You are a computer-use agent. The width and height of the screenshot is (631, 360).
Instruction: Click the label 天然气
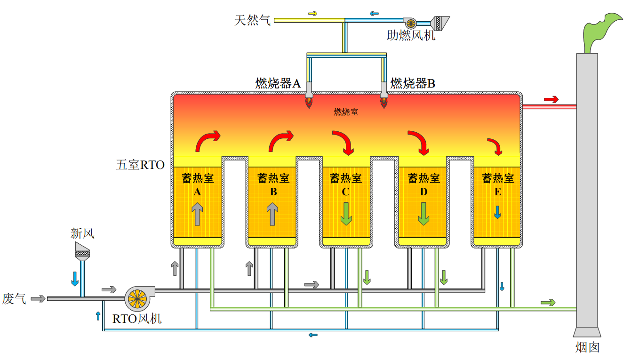pos(252,20)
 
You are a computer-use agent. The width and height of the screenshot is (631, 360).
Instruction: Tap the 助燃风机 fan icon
pos(410,23)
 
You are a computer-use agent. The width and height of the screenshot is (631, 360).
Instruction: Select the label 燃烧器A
pos(278,83)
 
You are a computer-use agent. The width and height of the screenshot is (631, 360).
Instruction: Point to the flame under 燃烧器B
pos(383,103)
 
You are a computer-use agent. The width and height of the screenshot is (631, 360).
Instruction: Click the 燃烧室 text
pos(346,112)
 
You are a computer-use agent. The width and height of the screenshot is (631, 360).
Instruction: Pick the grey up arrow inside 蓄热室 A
pos(197,214)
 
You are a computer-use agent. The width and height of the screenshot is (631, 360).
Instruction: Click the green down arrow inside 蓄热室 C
pos(346,214)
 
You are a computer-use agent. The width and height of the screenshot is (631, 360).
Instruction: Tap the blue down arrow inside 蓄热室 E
pos(497,212)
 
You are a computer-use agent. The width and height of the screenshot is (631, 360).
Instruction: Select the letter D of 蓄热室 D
pos(423,192)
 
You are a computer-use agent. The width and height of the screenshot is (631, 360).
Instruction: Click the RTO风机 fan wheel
pos(137,299)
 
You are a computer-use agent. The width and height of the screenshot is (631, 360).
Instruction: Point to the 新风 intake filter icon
pos(82,251)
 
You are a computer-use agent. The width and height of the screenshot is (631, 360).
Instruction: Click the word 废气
pos(14,299)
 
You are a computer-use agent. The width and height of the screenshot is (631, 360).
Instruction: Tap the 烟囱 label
pos(587,347)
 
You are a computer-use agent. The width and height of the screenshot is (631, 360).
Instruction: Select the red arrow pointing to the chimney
pos(551,99)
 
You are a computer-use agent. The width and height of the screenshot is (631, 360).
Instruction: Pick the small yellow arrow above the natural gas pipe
pos(313,14)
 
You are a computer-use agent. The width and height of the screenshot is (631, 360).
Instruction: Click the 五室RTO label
pos(140,165)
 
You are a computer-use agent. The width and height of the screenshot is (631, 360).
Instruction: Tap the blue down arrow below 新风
pos(75,279)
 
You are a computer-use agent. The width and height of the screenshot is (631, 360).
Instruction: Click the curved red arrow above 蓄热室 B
pos(281,141)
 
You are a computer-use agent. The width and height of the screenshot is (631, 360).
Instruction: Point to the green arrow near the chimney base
pos(548,303)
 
